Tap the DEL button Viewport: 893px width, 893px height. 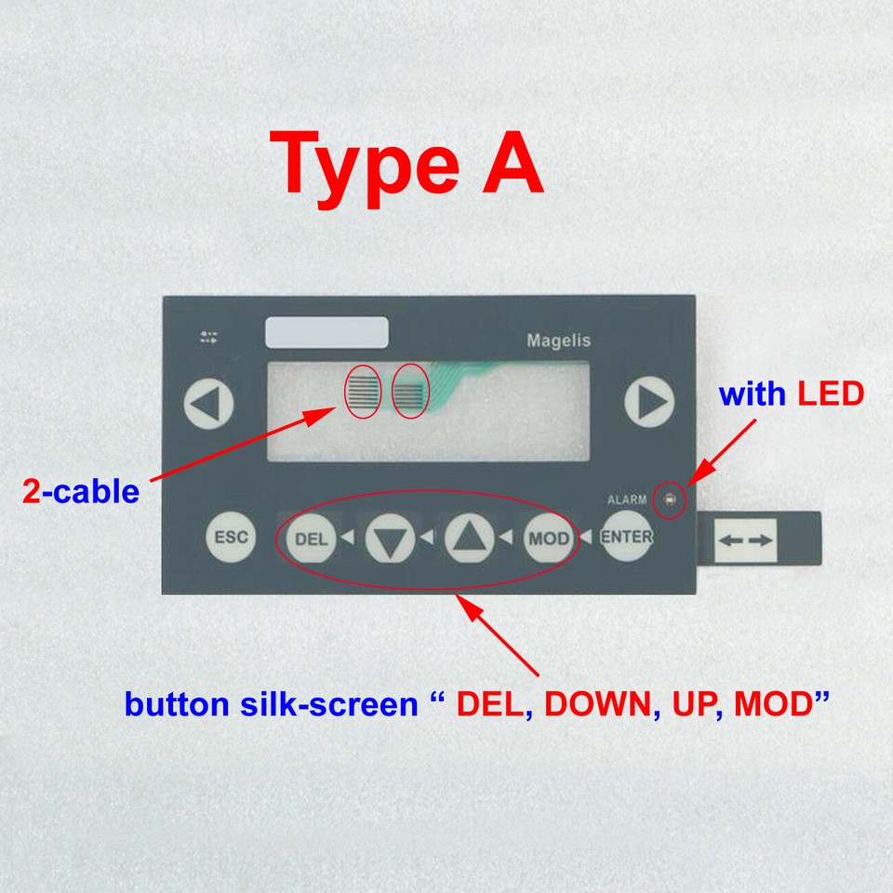(311, 539)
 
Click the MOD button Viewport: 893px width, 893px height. (548, 539)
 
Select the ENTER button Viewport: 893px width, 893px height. (626, 537)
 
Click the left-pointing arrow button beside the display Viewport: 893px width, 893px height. (208, 404)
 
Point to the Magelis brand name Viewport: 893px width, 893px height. (558, 340)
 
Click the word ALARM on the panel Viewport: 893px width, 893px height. (627, 500)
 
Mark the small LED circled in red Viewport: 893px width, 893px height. (669, 501)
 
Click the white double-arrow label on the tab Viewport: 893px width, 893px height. (747, 540)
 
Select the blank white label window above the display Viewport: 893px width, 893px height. (327, 333)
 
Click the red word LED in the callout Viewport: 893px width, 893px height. (830, 395)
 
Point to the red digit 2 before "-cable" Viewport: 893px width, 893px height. (32, 491)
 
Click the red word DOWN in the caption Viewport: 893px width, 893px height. (595, 705)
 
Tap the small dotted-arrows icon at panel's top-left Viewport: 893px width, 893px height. (208, 337)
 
